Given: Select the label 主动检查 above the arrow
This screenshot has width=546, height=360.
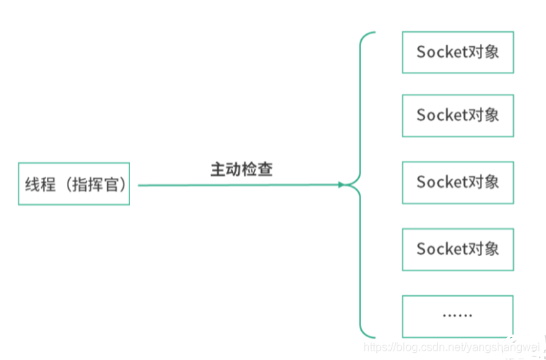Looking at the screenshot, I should [x=242, y=169].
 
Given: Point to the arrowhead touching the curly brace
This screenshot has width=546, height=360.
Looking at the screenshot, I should [x=342, y=185].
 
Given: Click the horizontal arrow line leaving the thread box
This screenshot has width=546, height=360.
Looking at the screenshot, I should [x=235, y=185].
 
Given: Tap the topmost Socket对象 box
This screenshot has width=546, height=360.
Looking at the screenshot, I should [x=457, y=52].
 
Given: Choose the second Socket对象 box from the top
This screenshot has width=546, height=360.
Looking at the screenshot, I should [x=457, y=115].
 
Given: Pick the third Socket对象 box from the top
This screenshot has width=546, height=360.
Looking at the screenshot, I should [x=457, y=182].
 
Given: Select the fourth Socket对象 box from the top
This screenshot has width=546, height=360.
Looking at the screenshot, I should [x=457, y=249].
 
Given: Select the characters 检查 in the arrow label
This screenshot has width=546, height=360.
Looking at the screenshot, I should [x=257, y=169].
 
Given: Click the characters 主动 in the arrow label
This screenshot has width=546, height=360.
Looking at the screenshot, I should [x=226, y=169].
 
